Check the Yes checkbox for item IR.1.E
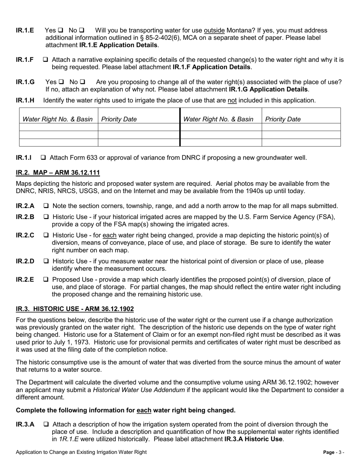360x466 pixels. [x=61, y=30]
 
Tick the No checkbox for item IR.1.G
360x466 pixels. [x=83, y=82]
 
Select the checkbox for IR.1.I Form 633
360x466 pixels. [x=44, y=158]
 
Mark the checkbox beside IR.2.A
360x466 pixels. [x=46, y=206]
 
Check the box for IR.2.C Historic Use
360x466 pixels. [x=46, y=235]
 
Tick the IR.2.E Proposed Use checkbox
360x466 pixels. [x=46, y=280]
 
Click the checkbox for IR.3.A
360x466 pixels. [x=46, y=425]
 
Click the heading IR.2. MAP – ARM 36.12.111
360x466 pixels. [x=58, y=173]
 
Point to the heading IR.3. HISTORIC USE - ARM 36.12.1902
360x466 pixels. [x=75, y=309]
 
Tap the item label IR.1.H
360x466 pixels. [x=25, y=100]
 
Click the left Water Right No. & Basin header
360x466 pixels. [x=58, y=119]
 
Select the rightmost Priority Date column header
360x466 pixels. [x=283, y=119]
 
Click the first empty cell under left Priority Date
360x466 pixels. [x=138, y=127]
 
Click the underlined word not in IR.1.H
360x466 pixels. [x=232, y=100]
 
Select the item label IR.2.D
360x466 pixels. [x=25, y=261]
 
